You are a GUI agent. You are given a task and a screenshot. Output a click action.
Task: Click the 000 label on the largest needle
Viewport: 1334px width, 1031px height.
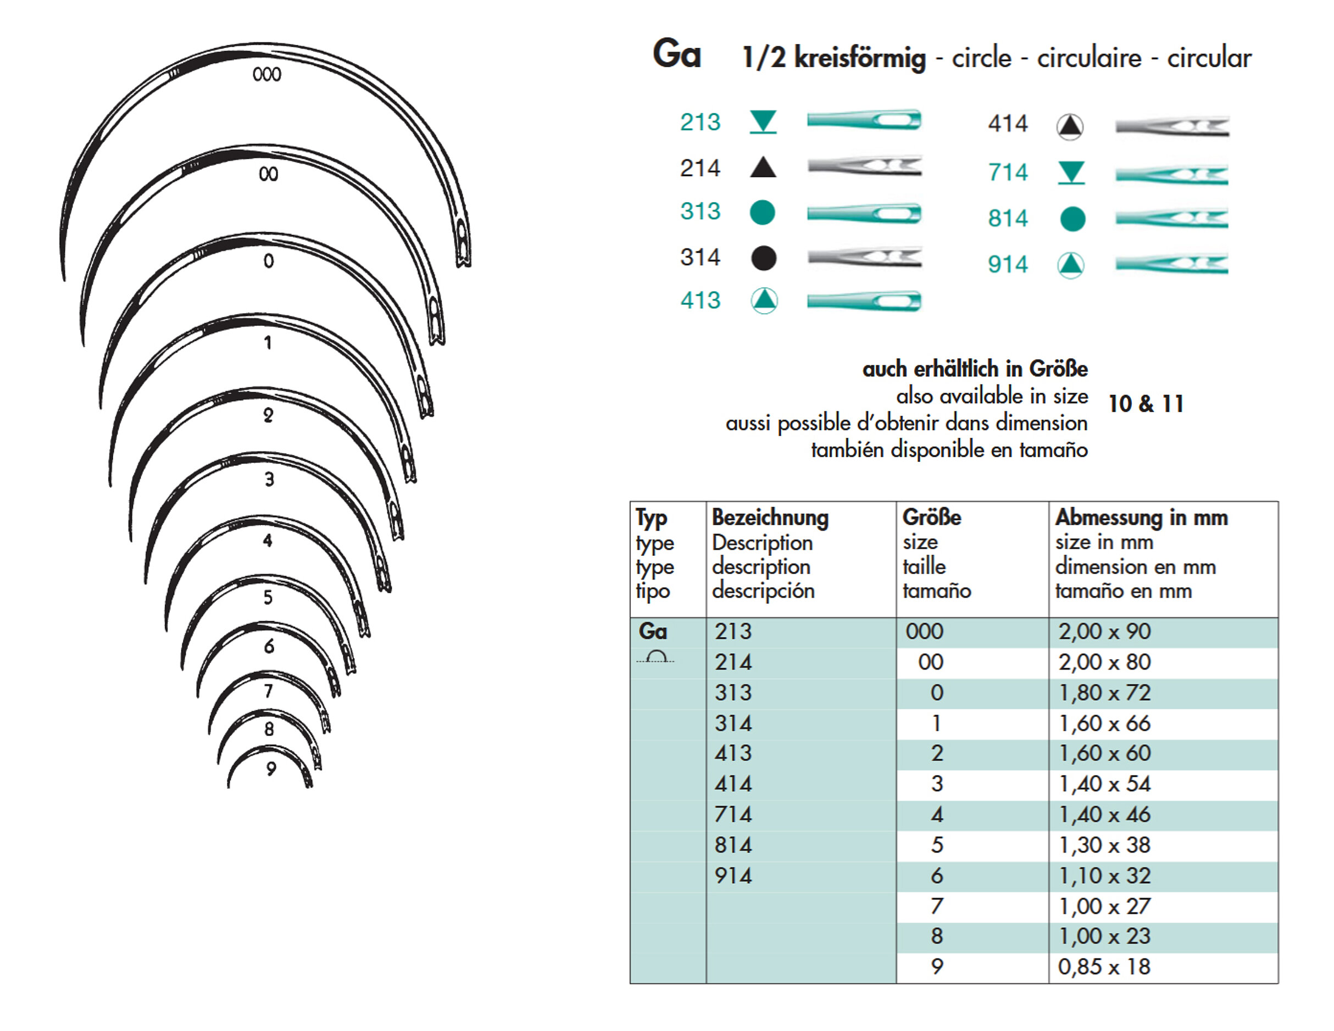coord(267,75)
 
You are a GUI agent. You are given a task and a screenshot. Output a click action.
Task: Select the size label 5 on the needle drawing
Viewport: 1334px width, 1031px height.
coord(268,598)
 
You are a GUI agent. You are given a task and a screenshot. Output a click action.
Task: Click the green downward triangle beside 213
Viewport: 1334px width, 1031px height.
coord(763,121)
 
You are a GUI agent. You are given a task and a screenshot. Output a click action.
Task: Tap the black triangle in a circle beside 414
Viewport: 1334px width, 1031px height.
coord(1070,126)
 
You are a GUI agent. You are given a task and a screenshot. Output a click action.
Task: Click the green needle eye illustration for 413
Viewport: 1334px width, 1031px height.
coord(864,301)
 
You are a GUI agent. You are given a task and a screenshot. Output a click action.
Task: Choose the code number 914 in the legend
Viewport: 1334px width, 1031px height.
coord(1008,264)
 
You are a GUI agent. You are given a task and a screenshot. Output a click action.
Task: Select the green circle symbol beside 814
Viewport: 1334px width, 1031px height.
coord(1072,219)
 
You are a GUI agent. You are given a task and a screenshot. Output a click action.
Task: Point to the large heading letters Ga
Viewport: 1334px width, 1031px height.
coord(677,54)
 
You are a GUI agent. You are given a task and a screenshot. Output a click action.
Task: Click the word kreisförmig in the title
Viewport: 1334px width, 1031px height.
coord(860,58)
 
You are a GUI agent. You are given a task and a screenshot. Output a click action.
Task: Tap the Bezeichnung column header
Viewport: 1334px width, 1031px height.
coord(770,517)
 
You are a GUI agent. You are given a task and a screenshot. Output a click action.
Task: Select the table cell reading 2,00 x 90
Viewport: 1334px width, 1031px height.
coord(1104,632)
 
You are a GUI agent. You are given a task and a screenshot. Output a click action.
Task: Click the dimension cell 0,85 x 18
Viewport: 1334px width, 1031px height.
coord(1104,967)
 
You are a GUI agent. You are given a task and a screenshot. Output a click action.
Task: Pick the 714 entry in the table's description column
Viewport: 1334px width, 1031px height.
coord(733,815)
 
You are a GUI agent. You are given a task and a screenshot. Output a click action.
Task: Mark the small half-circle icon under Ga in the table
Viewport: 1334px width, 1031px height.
coord(656,657)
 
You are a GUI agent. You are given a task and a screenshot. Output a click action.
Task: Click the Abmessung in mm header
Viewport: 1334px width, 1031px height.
coord(1141,517)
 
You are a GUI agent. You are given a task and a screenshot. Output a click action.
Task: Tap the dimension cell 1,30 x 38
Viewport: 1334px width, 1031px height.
coord(1104,845)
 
